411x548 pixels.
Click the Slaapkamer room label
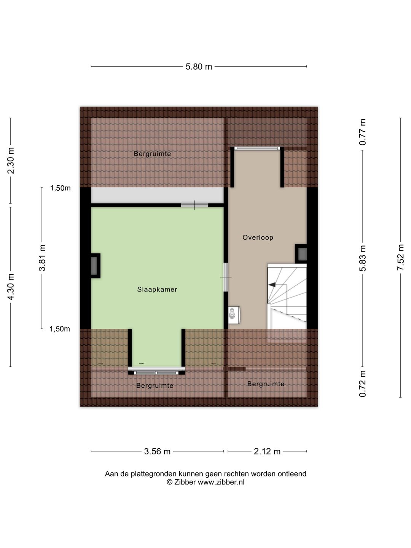click(157, 289)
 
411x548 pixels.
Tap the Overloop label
click(258, 237)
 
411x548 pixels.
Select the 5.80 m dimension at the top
click(199, 67)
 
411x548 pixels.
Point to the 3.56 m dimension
click(157, 451)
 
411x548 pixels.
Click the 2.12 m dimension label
click(267, 451)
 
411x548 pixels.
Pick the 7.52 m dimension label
click(400, 257)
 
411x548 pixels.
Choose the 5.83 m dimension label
click(363, 258)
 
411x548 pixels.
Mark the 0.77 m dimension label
click(363, 132)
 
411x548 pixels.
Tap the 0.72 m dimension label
click(363, 384)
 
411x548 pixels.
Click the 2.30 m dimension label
click(11, 161)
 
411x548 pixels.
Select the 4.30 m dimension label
click(11, 287)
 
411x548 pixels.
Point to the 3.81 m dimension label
click(42, 258)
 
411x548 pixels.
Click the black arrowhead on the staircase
click(272, 284)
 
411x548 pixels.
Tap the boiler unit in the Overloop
click(234, 315)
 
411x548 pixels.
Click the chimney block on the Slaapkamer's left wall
click(95, 266)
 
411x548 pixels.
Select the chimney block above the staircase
click(301, 254)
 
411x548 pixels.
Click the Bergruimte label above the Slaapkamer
click(152, 154)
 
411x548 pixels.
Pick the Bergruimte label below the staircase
click(266, 384)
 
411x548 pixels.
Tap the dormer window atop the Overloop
click(257, 148)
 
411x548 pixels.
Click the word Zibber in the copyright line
click(185, 482)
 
